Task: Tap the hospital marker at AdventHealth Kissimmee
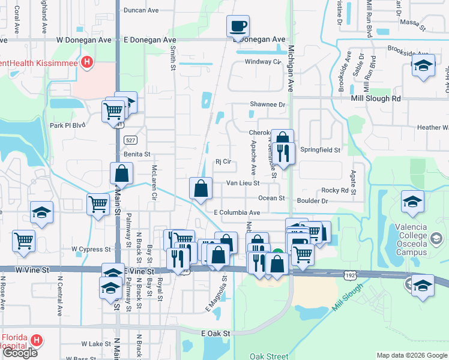pyautogui.click(x=87, y=62)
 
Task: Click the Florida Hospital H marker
pyautogui.click(x=37, y=341)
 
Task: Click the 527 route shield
pyautogui.click(x=130, y=139)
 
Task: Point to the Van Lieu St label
pyautogui.click(x=243, y=183)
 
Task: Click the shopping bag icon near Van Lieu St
pyautogui.click(x=200, y=188)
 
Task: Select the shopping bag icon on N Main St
pyautogui.click(x=121, y=173)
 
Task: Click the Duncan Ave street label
pyautogui.click(x=140, y=10)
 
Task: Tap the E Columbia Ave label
pyautogui.click(x=237, y=212)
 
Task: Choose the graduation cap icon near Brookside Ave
pyautogui.click(x=423, y=65)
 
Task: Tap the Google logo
pyautogui.click(x=20, y=353)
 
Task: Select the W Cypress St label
pyautogui.click(x=91, y=248)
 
